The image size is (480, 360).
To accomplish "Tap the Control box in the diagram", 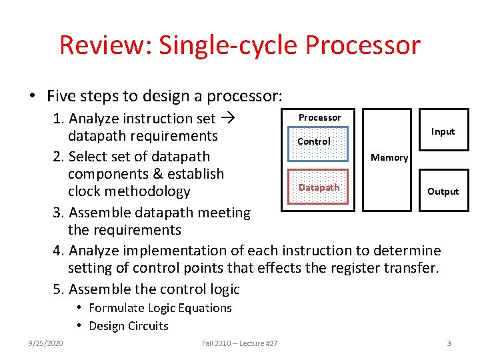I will [x=313, y=141].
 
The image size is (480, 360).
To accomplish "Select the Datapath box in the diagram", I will [x=319, y=187].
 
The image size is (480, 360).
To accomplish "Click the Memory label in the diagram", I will [x=389, y=157].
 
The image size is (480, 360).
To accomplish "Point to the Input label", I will [x=443, y=131].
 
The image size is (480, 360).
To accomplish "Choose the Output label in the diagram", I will [x=443, y=191].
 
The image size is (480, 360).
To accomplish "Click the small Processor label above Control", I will [x=319, y=117].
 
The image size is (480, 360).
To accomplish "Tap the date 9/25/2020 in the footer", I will [x=46, y=343].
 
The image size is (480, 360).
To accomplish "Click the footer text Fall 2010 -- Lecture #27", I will [x=240, y=343].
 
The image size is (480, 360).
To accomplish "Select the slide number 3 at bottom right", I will [x=449, y=343].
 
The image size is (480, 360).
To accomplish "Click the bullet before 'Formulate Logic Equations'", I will [x=79, y=307].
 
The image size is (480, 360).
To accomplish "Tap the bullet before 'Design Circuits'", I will [x=79, y=325].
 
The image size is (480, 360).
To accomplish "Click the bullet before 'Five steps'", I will [x=32, y=96].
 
